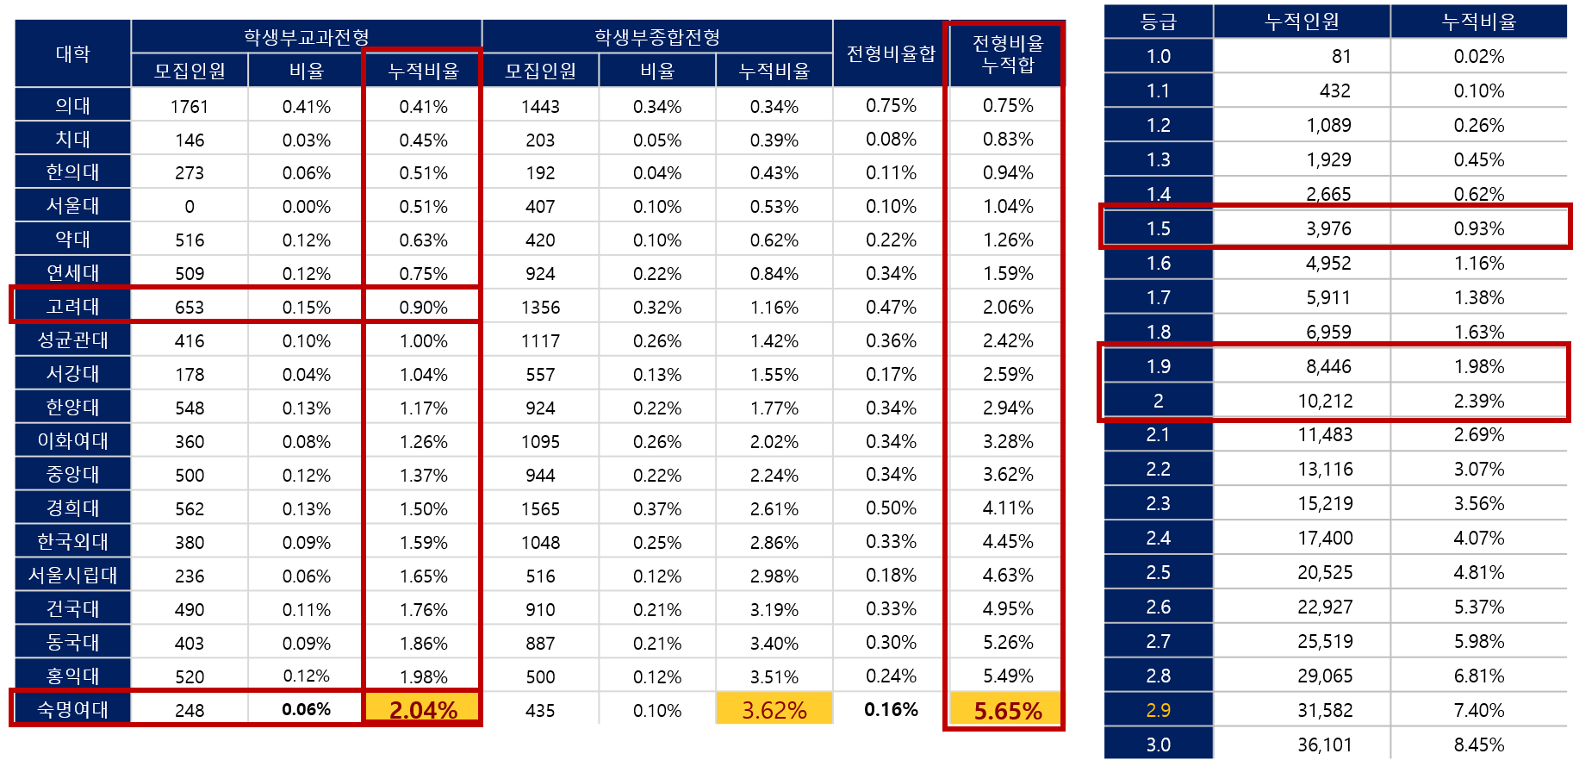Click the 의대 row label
pos(73,105)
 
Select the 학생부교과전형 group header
pos(306,37)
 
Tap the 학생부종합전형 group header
pos(656,37)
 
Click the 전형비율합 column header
pos(891,53)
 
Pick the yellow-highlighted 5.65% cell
pos(1007,710)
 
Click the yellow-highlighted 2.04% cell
pos(423,709)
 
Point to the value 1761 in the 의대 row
pos(190,106)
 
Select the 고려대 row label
pos(73,306)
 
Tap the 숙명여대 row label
pos(73,709)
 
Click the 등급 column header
pos(1158,22)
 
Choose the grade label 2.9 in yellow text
pos(1158,710)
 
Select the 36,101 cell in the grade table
pos(1325,744)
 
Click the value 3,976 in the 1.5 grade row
pos(1328,228)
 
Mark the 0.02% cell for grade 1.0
pos(1478,56)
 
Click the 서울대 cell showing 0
pos(190,207)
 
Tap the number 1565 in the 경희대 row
pos(540,508)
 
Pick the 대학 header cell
pos(73,53)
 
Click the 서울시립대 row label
pos(73,575)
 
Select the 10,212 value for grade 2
pos(1325,401)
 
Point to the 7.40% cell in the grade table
pos(1478,710)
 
